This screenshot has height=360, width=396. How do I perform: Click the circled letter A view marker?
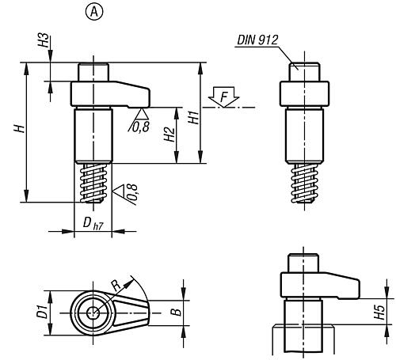(x=94, y=12)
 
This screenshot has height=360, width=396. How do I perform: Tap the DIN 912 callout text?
(x=257, y=40)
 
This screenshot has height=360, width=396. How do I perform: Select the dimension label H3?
(x=44, y=40)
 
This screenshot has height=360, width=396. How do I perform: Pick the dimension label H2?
(x=169, y=135)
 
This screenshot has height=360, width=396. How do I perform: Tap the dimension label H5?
(x=380, y=313)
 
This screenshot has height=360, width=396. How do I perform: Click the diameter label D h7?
(x=93, y=224)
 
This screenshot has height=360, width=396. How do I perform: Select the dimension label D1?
(x=42, y=311)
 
